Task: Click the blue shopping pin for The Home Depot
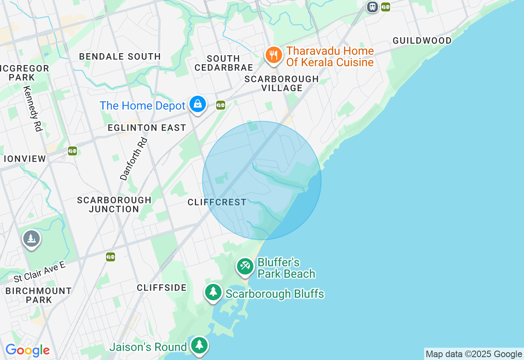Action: coord(198,104)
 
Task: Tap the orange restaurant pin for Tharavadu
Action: coord(273,55)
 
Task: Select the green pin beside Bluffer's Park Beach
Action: coord(245,266)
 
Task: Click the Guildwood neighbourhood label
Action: coord(422,40)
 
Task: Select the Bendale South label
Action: coord(120,56)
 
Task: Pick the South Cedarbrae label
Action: coord(224,63)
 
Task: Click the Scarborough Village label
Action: coord(282,83)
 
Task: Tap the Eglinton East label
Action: coord(147,128)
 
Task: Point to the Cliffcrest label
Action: coord(217,202)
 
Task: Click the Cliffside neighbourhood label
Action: coord(162,288)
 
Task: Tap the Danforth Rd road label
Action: coord(133,159)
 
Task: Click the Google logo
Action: coord(27,350)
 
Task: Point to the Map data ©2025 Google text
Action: coord(474,354)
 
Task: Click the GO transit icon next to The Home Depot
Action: coord(221,105)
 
